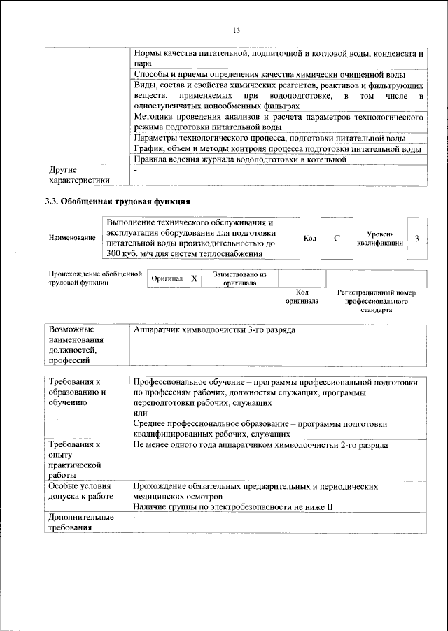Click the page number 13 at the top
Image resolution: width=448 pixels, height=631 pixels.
(x=236, y=30)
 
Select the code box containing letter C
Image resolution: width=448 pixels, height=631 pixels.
(x=337, y=239)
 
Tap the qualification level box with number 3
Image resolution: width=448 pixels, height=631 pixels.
(x=416, y=239)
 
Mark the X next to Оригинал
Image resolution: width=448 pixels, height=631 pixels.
(x=194, y=278)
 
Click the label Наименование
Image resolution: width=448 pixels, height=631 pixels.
(x=72, y=239)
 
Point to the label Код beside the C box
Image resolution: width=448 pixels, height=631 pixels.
(x=310, y=239)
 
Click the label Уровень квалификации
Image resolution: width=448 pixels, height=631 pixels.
(x=379, y=239)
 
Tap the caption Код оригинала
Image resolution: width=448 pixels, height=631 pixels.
(x=302, y=297)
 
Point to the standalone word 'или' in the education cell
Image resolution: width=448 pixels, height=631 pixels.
(x=139, y=413)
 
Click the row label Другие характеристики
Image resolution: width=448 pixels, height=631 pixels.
(x=79, y=175)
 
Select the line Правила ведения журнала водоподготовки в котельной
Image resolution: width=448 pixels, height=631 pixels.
(x=240, y=159)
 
